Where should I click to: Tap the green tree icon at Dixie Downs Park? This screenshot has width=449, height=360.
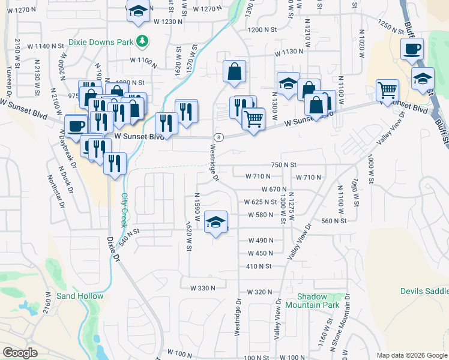(x=142, y=41)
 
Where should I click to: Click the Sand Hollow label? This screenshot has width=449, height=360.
(x=80, y=296)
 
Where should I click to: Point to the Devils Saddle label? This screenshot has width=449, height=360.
(x=424, y=291)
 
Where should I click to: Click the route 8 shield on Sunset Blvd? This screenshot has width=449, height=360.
(x=217, y=137)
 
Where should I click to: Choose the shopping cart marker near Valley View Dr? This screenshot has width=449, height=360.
(x=387, y=91)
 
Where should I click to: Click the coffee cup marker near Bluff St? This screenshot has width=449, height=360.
(x=412, y=49)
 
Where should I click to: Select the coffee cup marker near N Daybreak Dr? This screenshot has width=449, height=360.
(x=76, y=126)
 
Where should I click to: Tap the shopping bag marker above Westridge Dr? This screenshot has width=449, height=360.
(x=234, y=71)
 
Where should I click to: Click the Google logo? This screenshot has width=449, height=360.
(x=20, y=353)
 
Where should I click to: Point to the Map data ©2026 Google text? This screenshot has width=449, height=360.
(x=411, y=355)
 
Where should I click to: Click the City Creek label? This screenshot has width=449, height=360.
(x=125, y=209)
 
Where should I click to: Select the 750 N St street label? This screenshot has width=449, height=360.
(x=284, y=164)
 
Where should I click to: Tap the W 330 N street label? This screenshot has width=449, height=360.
(x=202, y=289)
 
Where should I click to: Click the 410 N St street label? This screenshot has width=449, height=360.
(x=259, y=266)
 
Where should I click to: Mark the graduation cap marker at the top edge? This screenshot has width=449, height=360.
(x=139, y=11)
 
